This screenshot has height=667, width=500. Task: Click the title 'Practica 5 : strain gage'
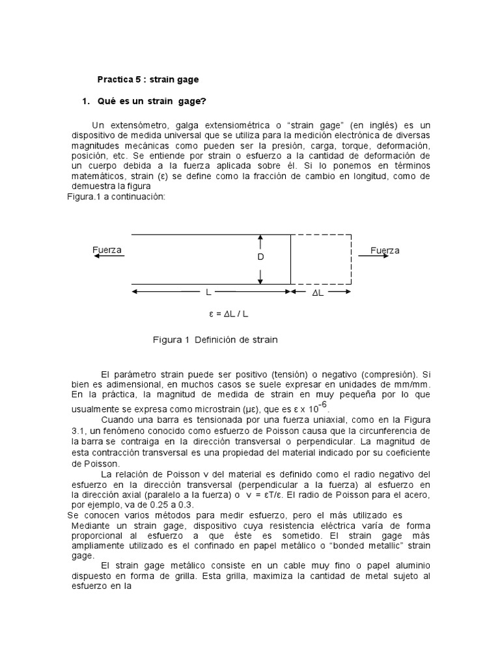[148, 79]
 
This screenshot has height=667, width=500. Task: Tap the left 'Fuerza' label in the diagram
[107, 250]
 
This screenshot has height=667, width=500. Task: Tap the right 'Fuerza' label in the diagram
[385, 250]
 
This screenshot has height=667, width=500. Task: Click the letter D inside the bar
[260, 258]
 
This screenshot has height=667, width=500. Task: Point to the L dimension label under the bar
[208, 294]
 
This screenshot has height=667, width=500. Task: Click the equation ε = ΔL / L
[229, 314]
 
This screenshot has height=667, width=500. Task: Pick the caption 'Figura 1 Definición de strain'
[215, 339]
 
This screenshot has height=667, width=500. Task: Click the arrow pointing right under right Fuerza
[372, 257]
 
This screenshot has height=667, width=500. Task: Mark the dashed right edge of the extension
[353, 259]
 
